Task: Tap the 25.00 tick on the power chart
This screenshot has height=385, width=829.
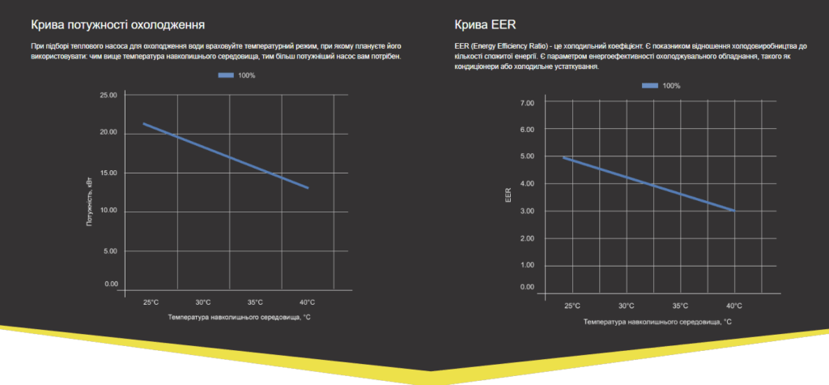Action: [108, 96]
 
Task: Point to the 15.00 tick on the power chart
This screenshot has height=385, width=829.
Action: [108, 173]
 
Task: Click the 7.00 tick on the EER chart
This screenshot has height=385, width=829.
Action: [527, 103]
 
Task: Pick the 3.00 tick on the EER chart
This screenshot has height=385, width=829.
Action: [527, 212]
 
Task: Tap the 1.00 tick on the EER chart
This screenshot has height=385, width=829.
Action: [527, 265]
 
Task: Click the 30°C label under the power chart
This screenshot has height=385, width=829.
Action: [202, 302]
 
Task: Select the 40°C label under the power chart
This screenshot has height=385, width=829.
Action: [307, 302]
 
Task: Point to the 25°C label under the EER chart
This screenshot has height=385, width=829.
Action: [572, 306]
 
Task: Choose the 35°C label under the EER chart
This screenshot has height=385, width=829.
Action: [680, 306]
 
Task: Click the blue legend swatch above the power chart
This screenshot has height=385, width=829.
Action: [226, 75]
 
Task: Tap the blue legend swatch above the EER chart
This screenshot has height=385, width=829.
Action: [650, 85]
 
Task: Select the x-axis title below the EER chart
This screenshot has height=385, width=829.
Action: [657, 322]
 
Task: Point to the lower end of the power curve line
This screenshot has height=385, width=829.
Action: [308, 188]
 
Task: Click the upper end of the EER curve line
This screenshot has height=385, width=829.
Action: [563, 157]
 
